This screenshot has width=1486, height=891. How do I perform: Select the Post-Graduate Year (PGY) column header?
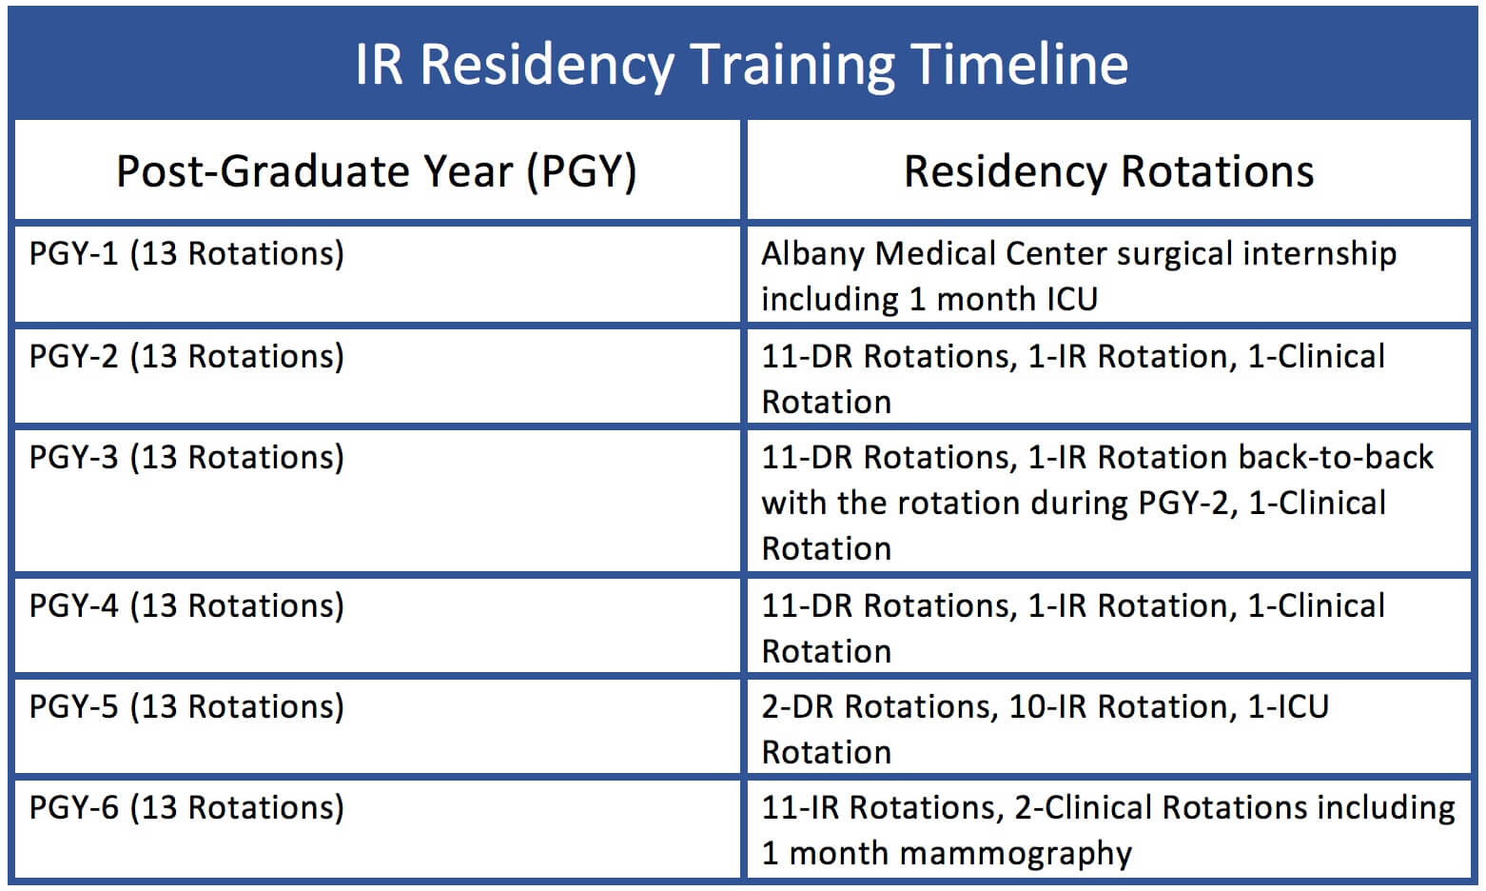point(376,172)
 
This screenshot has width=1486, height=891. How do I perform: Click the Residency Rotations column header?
point(1108,172)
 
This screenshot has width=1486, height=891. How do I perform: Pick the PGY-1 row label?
point(186,254)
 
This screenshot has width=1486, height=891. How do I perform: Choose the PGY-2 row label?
point(186,357)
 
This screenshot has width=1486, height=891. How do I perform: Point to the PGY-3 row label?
point(186,458)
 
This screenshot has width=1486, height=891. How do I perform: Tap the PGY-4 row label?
point(186,606)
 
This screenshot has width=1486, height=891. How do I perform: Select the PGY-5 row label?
point(186,707)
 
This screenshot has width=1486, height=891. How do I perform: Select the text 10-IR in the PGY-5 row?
point(1048,707)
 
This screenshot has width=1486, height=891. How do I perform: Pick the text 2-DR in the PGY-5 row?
point(797,707)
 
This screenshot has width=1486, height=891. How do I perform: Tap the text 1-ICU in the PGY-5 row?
point(1288,707)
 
